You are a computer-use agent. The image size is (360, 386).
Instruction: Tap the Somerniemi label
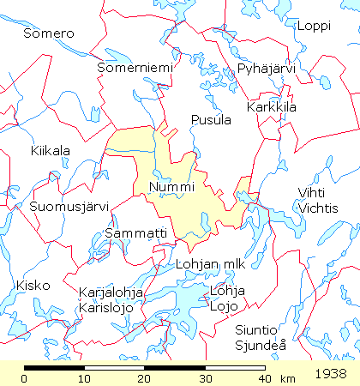[135, 67]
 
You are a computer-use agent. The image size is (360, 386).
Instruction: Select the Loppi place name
[313, 26]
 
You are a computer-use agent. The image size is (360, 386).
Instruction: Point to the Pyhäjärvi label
[266, 69]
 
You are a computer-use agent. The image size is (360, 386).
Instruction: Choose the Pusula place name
[212, 119]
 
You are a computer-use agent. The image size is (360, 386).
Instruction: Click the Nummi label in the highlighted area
[171, 186]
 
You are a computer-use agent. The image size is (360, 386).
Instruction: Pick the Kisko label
[33, 285]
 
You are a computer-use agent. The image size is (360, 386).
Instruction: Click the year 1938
[330, 375]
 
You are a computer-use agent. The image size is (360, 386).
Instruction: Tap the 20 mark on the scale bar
[144, 378]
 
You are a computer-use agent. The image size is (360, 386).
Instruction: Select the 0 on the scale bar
[26, 378]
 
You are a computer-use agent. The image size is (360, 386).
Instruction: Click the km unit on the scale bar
[287, 378]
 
